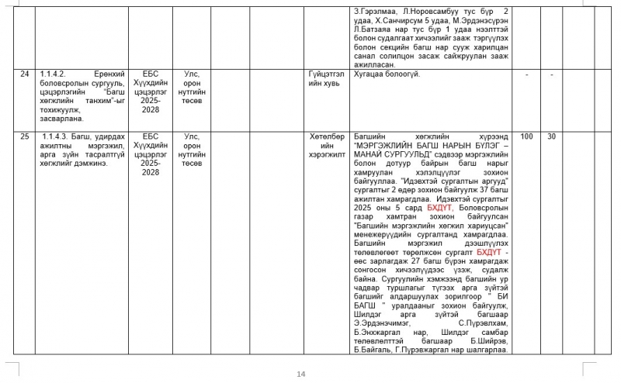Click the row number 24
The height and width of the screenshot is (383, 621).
[25, 74]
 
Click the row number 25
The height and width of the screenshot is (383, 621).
[25, 136]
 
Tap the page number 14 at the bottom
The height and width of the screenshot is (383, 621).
[301, 374]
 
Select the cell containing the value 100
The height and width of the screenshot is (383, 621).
[526, 136]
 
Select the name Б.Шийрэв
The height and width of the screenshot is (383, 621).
[489, 341]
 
